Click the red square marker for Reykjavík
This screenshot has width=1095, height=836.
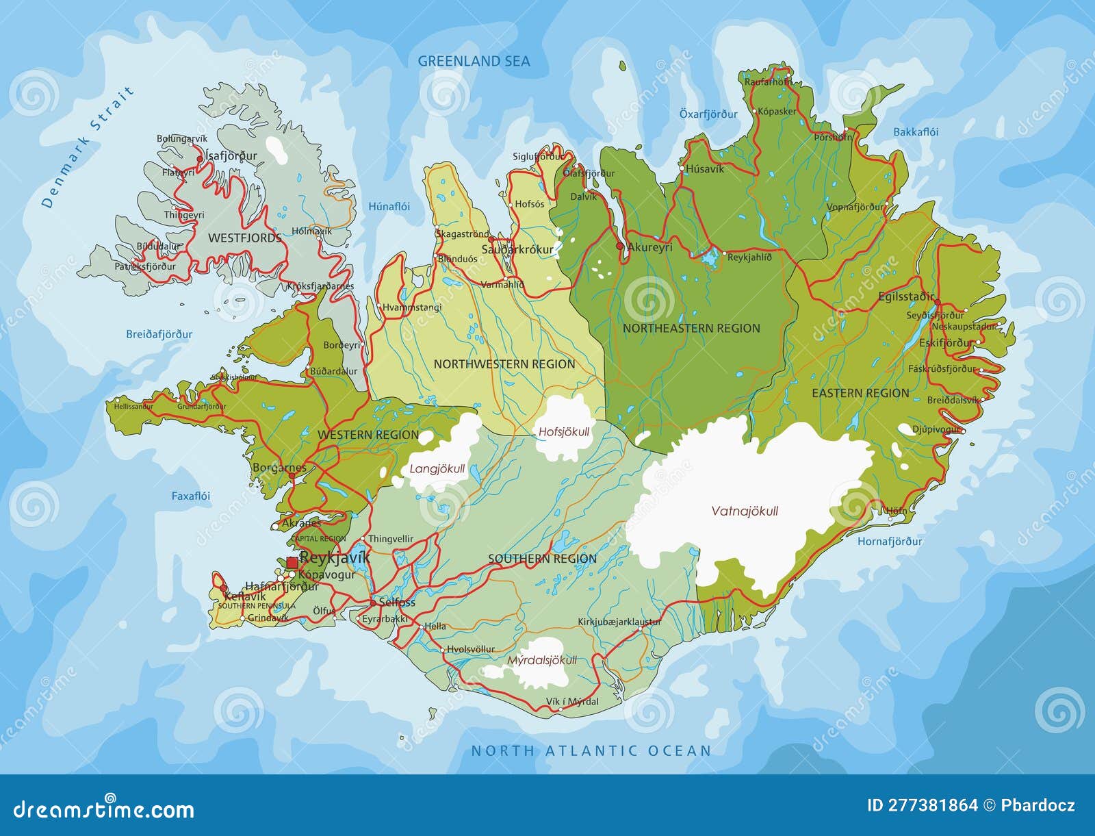point(292,562)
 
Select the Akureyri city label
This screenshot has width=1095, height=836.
point(649,247)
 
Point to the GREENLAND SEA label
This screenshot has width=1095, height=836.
point(474,61)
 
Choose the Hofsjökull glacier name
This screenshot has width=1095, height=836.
point(563,432)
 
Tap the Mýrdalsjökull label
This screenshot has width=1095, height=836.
point(542,661)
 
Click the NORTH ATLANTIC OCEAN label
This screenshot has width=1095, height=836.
point(591,750)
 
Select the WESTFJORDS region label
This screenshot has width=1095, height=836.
point(244,238)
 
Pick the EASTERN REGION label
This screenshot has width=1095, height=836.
point(860,393)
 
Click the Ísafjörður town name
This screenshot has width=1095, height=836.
point(231,156)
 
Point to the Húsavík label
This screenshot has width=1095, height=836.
point(704,169)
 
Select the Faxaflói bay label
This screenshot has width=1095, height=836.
point(190,496)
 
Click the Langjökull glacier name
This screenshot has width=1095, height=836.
point(437,469)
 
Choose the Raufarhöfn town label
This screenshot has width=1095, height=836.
point(767,81)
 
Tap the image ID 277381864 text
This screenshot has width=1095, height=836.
point(922,805)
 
